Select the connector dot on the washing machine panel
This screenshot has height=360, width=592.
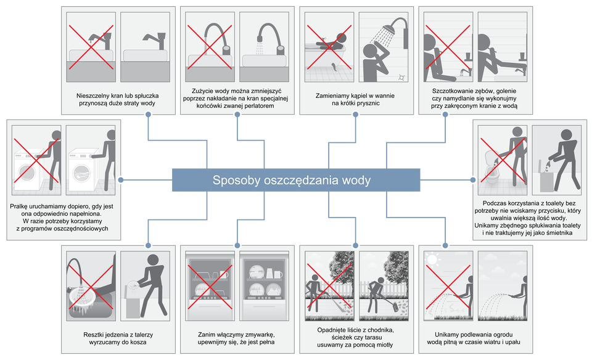tap(122, 179)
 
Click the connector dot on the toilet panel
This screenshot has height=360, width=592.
tap(472, 179)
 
